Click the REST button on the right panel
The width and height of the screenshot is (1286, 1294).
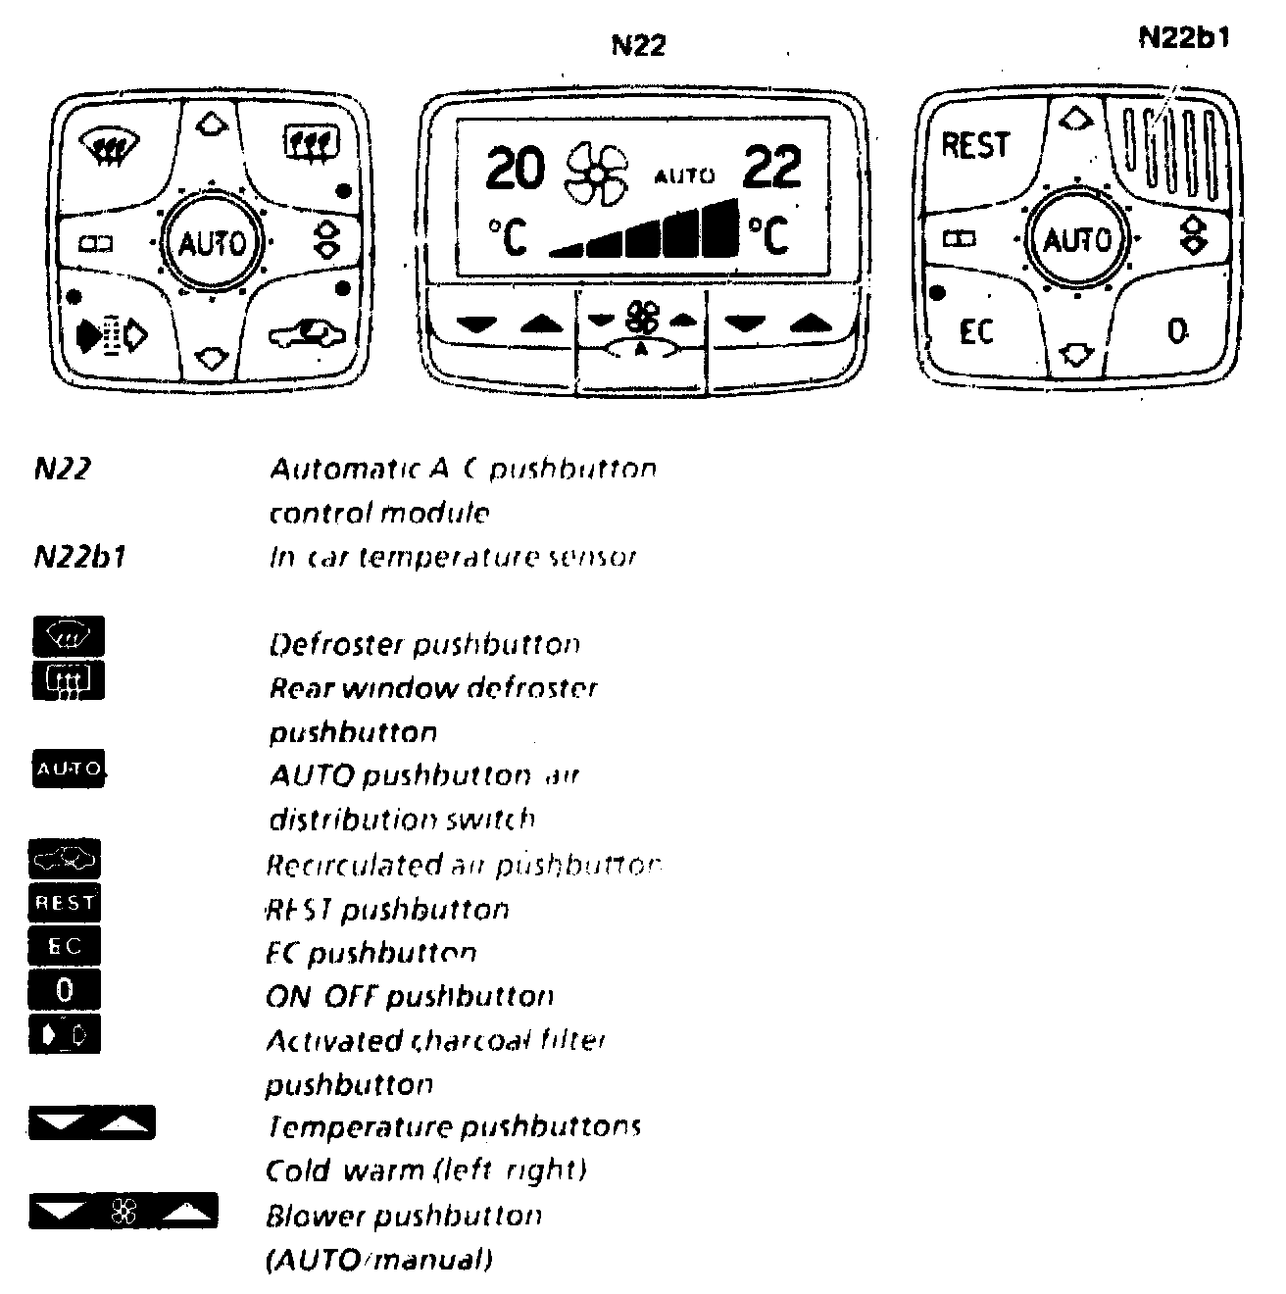click(x=974, y=146)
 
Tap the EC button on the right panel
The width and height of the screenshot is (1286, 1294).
click(x=976, y=331)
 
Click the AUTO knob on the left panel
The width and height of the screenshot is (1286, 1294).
click(x=211, y=241)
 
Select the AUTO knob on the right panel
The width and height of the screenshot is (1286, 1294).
click(x=1076, y=240)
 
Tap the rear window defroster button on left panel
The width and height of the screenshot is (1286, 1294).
click(x=310, y=143)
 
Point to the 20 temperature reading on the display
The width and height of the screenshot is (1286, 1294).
click(x=515, y=169)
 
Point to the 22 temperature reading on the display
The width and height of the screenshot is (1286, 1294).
click(x=771, y=167)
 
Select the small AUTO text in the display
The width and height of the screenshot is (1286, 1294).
click(x=683, y=176)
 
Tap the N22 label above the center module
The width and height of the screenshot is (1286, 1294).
click(x=638, y=45)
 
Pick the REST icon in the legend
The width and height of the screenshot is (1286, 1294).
click(x=65, y=903)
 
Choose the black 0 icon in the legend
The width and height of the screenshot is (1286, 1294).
click(x=65, y=990)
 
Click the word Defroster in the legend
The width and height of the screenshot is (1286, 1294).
click(x=335, y=645)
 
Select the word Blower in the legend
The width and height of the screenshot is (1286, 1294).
click(x=316, y=1217)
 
